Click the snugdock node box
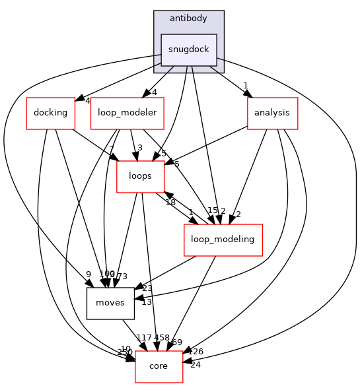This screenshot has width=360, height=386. pyautogui.click(x=189, y=49)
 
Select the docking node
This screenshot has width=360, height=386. pyautogui.click(x=50, y=113)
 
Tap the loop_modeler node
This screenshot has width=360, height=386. pyautogui.click(x=127, y=113)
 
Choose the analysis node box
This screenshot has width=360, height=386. pyautogui.click(x=272, y=113)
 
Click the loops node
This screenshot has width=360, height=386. pyautogui.click(x=140, y=176)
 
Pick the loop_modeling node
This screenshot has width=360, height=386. pyautogui.click(x=223, y=240)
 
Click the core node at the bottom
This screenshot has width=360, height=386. pyautogui.click(x=159, y=366)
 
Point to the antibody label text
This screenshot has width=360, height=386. pyautogui.click(x=189, y=18)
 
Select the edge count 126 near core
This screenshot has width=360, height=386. pyautogui.click(x=196, y=352)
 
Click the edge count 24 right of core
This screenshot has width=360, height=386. pyautogui.click(x=195, y=364)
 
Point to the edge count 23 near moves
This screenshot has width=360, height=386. pyautogui.click(x=147, y=288)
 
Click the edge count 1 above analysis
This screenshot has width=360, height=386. pyautogui.click(x=245, y=85)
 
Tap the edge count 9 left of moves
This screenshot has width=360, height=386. pyautogui.click(x=88, y=275)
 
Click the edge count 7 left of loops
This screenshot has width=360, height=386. pyautogui.click(x=112, y=148)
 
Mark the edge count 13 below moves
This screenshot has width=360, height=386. pyautogui.click(x=147, y=302)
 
